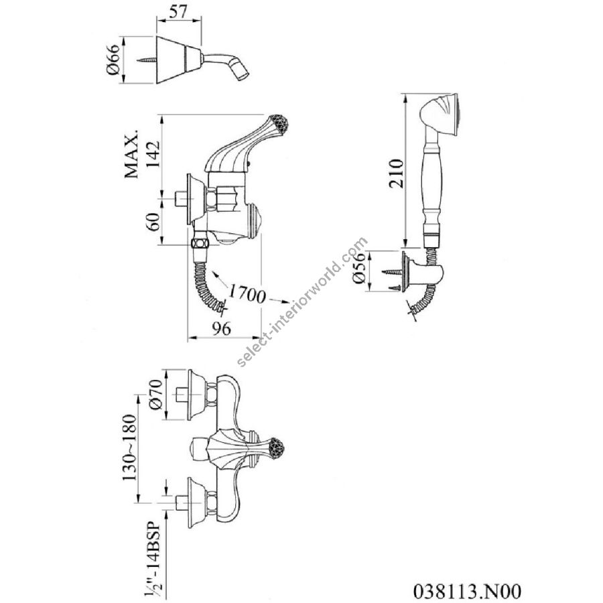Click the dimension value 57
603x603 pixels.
(177, 11)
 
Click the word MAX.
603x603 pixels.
(131, 155)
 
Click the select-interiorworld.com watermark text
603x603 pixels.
(302, 301)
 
